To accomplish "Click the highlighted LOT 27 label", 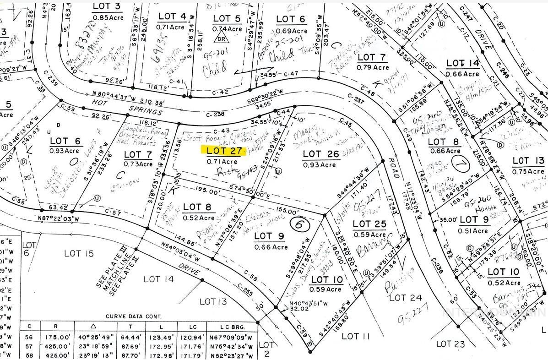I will [x=224, y=150].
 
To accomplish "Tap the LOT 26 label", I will [x=321, y=154].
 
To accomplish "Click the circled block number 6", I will [x=298, y=224].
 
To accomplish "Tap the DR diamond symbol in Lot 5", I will [x=222, y=38].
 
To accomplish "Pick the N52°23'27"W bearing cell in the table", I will [x=232, y=355].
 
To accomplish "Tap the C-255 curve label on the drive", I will [x=246, y=289].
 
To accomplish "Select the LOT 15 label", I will [x=79, y=253].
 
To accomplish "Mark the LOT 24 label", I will [x=405, y=298].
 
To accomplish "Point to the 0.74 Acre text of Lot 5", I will [x=227, y=28].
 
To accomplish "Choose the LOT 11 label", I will [x=356, y=337].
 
